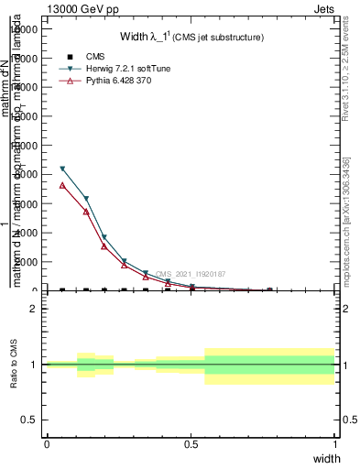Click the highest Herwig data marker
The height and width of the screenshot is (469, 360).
[x=62, y=169]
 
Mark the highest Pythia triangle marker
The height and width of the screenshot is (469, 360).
[x=62, y=185]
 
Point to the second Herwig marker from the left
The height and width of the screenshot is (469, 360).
[x=86, y=199]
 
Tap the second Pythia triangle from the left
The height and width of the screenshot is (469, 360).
[x=86, y=212]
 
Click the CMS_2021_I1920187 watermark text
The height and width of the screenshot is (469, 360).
[x=190, y=274]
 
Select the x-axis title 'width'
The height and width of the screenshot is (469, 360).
[x=326, y=457]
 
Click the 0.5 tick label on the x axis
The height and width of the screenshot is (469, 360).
[x=191, y=443]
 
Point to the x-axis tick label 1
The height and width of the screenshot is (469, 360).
[x=336, y=443]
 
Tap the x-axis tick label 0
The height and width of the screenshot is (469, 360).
[x=47, y=443]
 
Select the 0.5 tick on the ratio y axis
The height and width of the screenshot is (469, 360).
[x=29, y=420]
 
